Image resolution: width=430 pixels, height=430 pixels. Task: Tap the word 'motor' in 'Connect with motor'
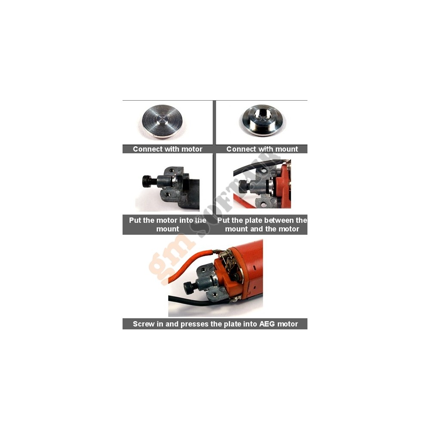tap(192, 149)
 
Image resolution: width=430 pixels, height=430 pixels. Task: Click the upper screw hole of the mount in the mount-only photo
tap(171, 170)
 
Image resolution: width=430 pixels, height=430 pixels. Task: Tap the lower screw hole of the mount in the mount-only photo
tap(168, 195)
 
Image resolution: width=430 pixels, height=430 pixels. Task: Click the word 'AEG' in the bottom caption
tap(267, 324)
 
